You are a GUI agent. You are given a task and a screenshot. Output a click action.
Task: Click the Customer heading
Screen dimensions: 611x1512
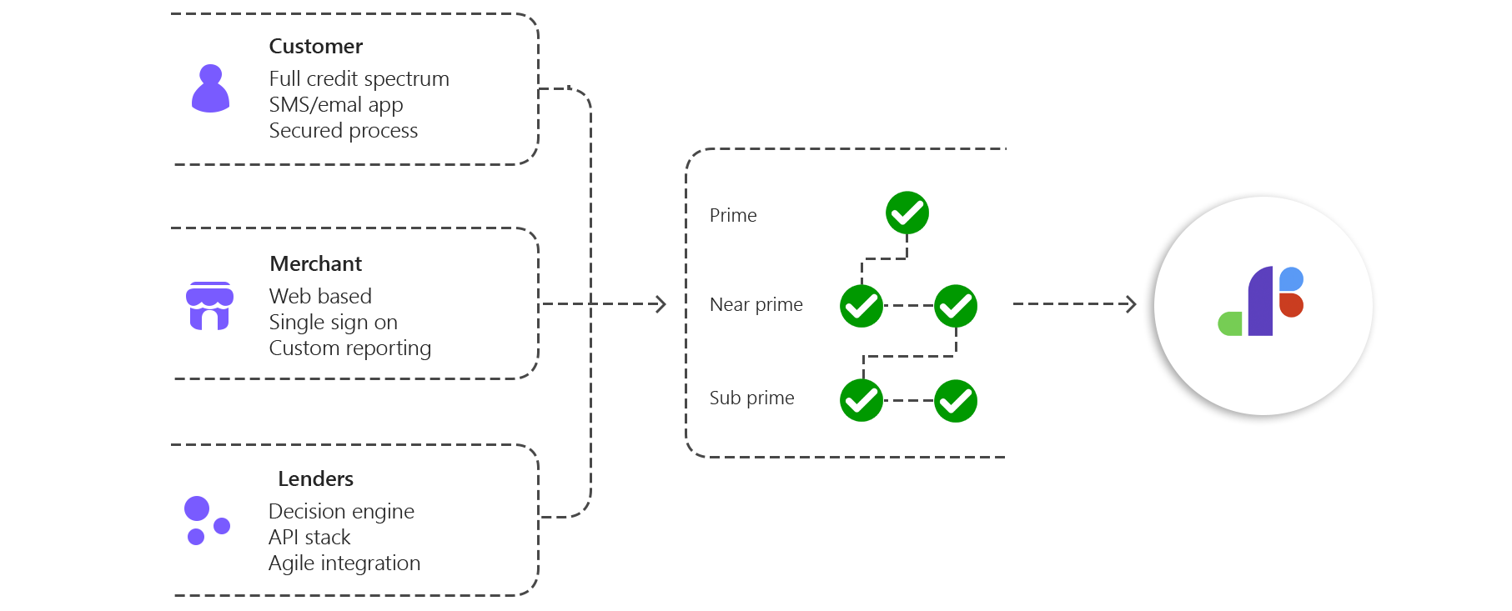pyautogui.click(x=315, y=47)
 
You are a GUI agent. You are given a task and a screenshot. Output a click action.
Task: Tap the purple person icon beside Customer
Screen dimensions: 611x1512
pyautogui.click(x=210, y=89)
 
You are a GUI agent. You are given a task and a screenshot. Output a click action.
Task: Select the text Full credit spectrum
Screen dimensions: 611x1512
pyautogui.click(x=359, y=79)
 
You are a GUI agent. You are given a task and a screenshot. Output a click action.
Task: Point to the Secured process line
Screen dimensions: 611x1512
pyautogui.click(x=344, y=131)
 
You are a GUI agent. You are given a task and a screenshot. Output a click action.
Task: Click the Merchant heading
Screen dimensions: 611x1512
pyautogui.click(x=315, y=264)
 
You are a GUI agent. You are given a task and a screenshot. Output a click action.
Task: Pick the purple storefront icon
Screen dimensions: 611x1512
pyautogui.click(x=209, y=306)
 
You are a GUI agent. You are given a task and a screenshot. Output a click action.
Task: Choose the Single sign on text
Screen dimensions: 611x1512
pyautogui.click(x=334, y=323)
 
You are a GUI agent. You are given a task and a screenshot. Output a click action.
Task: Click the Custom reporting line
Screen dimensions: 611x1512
pyautogui.click(x=350, y=348)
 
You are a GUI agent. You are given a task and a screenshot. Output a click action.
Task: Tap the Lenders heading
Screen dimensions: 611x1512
pyautogui.click(x=316, y=479)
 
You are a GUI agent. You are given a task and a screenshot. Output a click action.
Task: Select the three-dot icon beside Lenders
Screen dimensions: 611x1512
pyautogui.click(x=206, y=521)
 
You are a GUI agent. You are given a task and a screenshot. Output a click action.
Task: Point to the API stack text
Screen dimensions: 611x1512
pyautogui.click(x=309, y=538)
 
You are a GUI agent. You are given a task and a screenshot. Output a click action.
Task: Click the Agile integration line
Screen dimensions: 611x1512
pyautogui.click(x=344, y=563)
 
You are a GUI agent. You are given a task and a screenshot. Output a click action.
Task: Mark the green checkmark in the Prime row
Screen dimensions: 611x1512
pyautogui.click(x=907, y=213)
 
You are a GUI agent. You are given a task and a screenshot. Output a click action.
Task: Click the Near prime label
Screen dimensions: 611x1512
pyautogui.click(x=756, y=305)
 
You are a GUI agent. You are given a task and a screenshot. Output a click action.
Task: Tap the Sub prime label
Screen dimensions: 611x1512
pyautogui.click(x=751, y=398)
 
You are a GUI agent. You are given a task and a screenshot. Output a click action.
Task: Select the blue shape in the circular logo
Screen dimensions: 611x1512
pyautogui.click(x=1291, y=278)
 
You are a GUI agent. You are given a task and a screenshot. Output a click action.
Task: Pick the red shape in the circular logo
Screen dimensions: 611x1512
pyautogui.click(x=1290, y=305)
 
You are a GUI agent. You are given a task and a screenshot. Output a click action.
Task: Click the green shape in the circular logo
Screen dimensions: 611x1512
pyautogui.click(x=1230, y=323)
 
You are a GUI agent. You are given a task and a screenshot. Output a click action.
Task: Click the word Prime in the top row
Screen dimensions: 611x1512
pyautogui.click(x=733, y=216)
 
